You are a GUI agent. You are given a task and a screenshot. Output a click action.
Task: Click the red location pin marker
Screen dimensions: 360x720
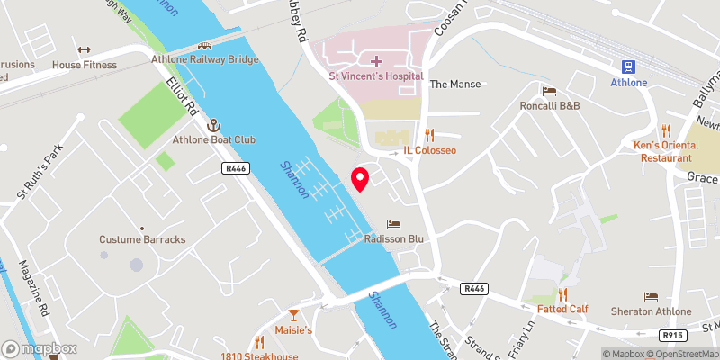click(x=360, y=179)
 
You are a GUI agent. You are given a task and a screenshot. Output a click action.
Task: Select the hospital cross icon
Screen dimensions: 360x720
click(x=376, y=61)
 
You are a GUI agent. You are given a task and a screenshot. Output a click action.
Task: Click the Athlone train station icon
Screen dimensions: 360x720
click(x=629, y=66)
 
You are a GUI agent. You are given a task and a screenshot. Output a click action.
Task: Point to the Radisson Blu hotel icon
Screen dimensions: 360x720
click(x=393, y=224)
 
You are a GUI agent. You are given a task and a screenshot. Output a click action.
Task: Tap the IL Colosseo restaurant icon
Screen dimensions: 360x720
click(x=429, y=135)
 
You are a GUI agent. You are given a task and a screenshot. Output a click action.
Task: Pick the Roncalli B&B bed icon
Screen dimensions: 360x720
click(x=548, y=91)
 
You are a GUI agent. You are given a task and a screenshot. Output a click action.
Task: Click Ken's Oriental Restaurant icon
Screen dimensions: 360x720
click(x=667, y=130)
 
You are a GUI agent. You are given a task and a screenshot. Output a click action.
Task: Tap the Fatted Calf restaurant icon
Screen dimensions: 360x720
click(x=562, y=293)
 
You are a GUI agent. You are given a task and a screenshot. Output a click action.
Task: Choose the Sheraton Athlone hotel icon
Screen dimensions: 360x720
click(x=651, y=296)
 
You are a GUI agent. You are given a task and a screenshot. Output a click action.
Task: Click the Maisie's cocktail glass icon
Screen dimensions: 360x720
click(x=292, y=314)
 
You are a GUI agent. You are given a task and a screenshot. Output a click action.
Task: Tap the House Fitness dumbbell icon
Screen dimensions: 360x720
click(x=85, y=49)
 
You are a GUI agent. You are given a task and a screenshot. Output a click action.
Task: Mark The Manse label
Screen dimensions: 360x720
click(x=455, y=84)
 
